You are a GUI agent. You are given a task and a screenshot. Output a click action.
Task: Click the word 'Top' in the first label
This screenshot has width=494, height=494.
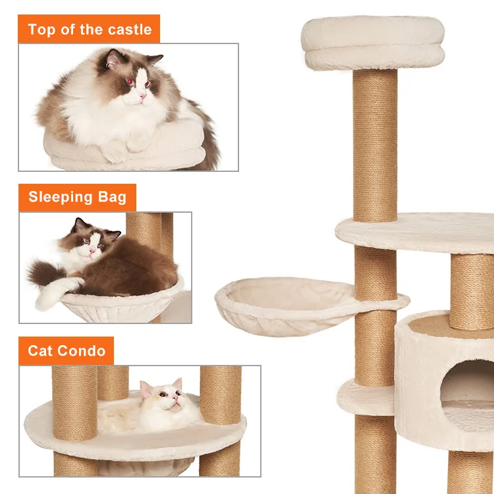click(x=41, y=30)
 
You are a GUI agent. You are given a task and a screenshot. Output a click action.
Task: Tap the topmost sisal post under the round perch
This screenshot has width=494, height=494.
click(x=375, y=145)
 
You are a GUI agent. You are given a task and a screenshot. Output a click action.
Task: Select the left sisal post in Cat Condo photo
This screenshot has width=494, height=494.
click(x=74, y=402)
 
